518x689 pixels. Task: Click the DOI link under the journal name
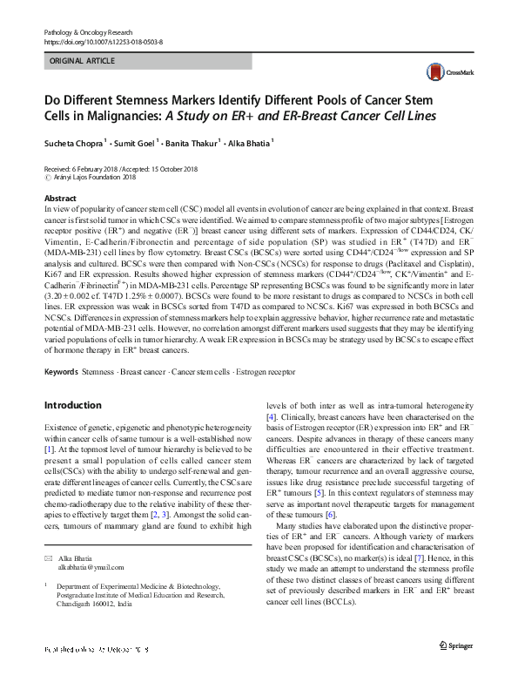pos(103,41)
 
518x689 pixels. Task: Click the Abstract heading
pos(59,199)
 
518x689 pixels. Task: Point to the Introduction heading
pos(72,405)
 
